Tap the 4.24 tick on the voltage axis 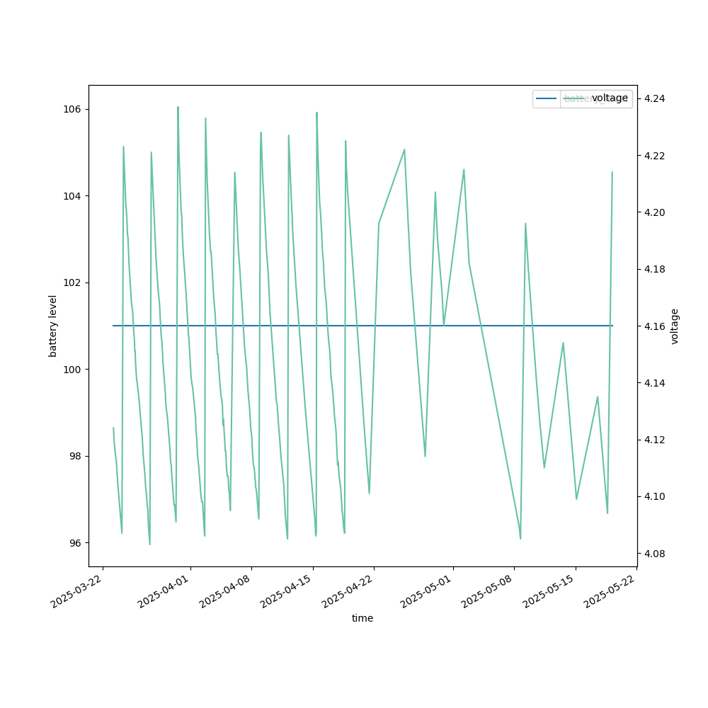pos(653,98)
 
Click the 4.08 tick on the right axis pos(653,554)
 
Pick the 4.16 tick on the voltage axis pos(653,326)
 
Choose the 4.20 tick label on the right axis pos(653,212)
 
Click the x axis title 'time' pos(362,618)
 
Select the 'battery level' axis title pos(53,326)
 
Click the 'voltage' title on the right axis pos(675,326)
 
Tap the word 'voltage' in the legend pos(610,98)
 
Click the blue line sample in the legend pos(547,98)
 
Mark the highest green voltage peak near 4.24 pos(178,108)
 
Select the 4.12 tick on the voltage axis pos(653,440)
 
